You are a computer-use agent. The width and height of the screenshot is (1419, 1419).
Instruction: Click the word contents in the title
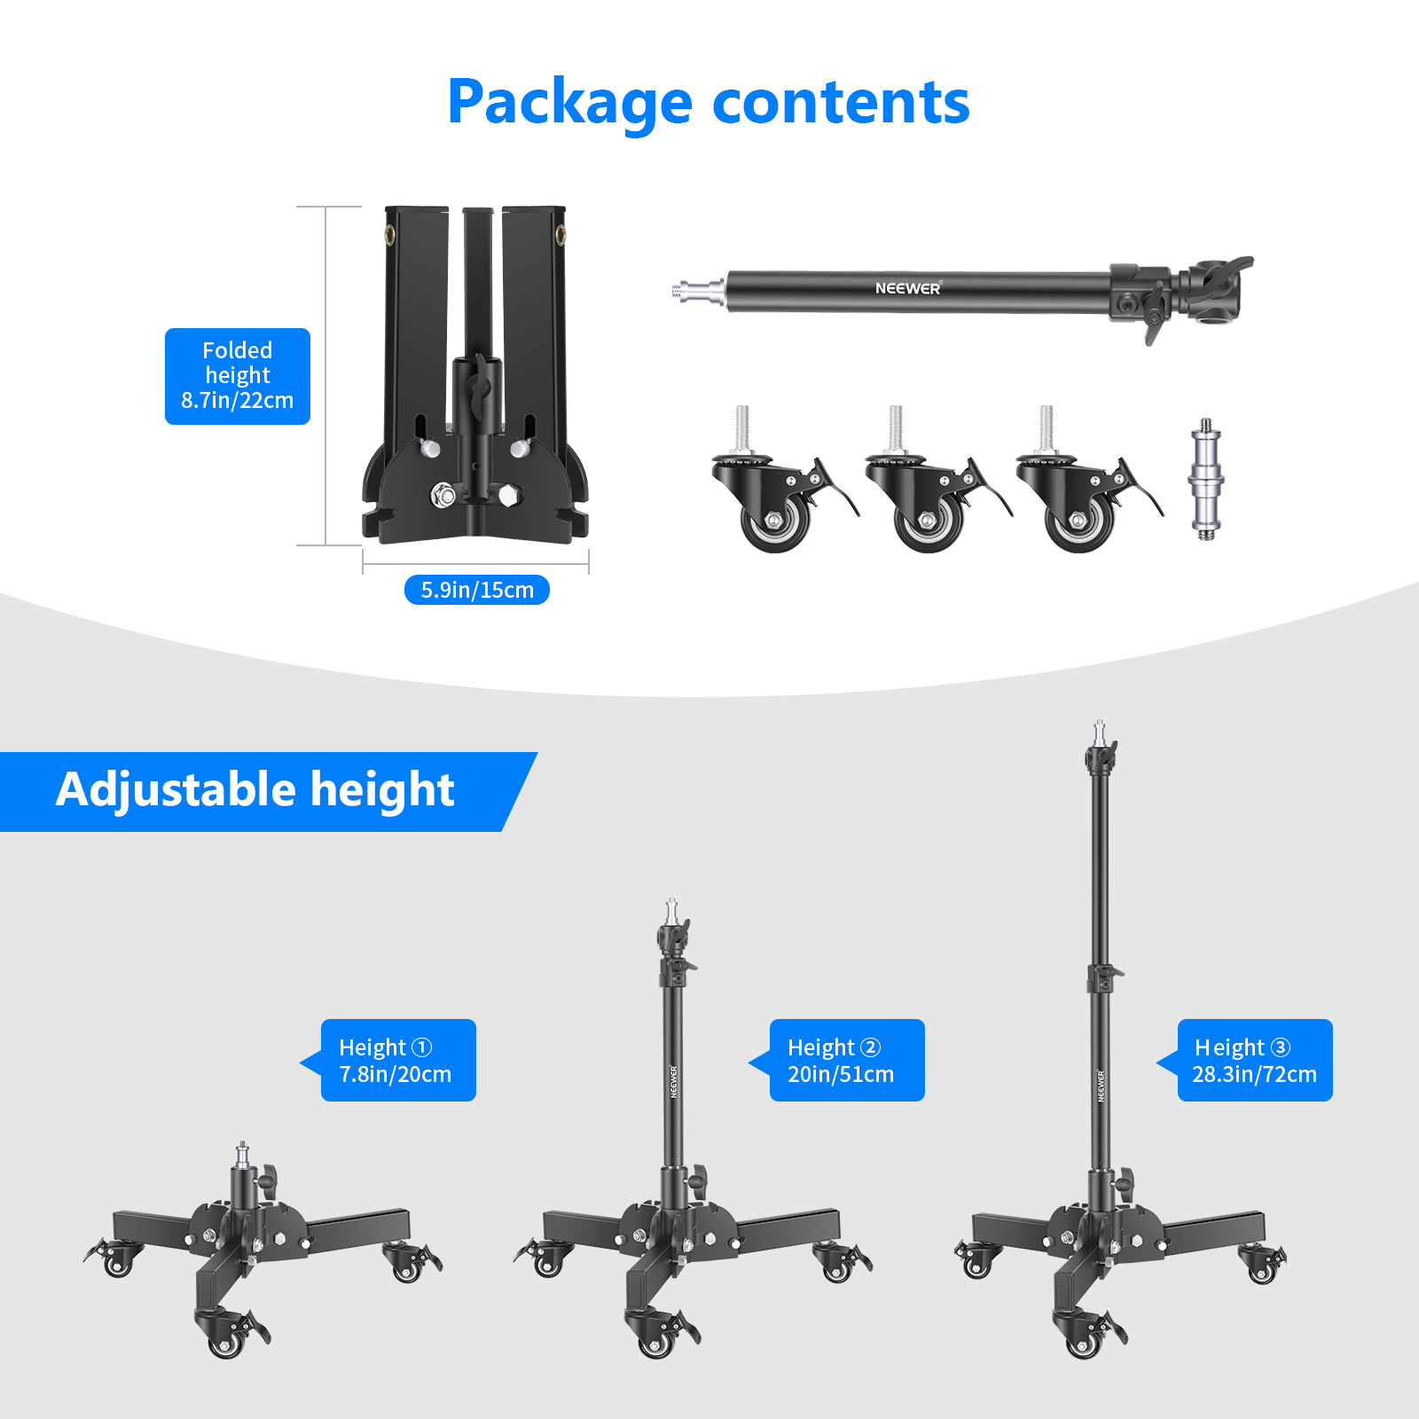pyautogui.click(x=842, y=103)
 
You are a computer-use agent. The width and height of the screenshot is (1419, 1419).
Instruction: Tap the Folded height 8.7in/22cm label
pyautogui.click(x=238, y=376)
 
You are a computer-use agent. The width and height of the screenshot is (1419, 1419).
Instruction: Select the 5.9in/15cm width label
pyautogui.click(x=477, y=590)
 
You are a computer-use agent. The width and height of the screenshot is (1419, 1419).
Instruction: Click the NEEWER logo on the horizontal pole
pyautogui.click(x=907, y=288)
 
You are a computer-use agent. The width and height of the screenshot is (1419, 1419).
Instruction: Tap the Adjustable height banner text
pyautogui.click(x=255, y=790)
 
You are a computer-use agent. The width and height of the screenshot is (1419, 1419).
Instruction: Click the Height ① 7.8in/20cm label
pyautogui.click(x=398, y=1061)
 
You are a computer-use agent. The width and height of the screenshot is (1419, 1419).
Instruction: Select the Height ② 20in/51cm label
pyautogui.click(x=847, y=1061)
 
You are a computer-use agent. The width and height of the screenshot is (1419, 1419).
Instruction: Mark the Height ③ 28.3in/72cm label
pyautogui.click(x=1255, y=1061)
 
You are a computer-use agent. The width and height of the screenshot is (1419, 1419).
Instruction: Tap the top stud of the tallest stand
pyautogui.click(x=1100, y=733)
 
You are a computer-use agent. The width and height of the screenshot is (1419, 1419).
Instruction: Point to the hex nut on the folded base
pyautogui.click(x=442, y=495)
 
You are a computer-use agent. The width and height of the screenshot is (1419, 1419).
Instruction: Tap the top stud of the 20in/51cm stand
pyautogui.click(x=672, y=911)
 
